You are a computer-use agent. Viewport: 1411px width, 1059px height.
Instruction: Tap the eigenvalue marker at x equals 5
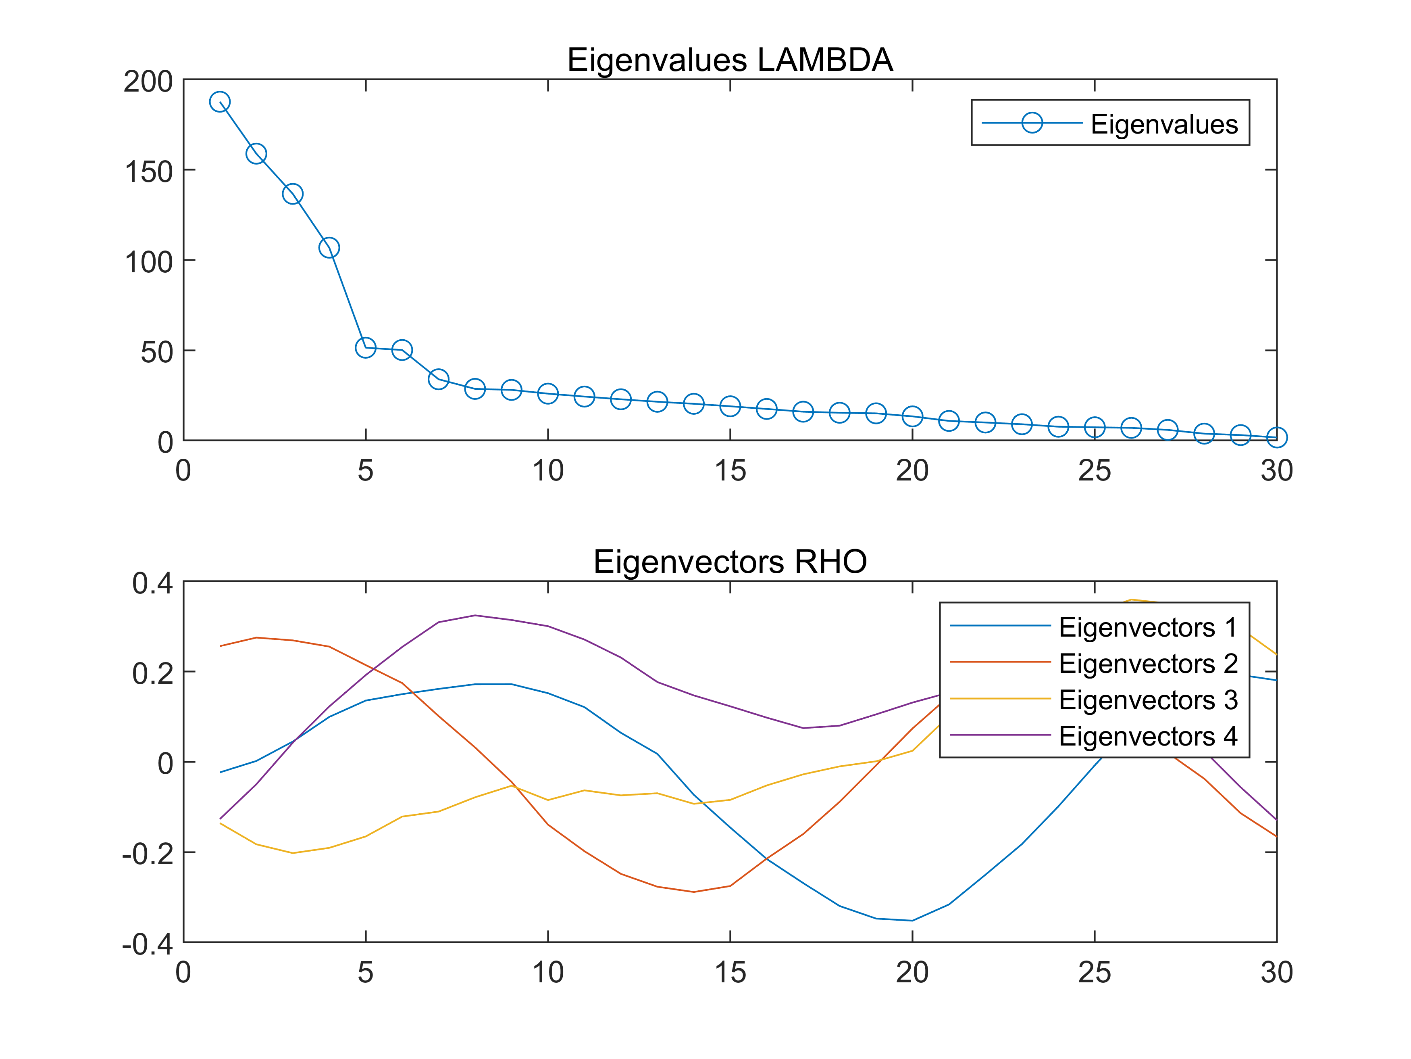coord(366,347)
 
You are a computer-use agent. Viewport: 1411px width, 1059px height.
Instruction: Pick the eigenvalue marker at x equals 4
coord(329,248)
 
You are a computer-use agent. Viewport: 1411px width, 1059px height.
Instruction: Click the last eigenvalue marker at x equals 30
coord(1276,437)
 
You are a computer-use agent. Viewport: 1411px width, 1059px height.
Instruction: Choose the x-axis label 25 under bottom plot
coord(1095,973)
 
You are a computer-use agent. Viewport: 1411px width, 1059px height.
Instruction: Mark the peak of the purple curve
coord(474,615)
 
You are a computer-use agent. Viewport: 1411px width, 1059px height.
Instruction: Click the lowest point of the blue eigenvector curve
coord(912,921)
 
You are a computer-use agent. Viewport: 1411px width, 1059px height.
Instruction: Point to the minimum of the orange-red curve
coord(693,892)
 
